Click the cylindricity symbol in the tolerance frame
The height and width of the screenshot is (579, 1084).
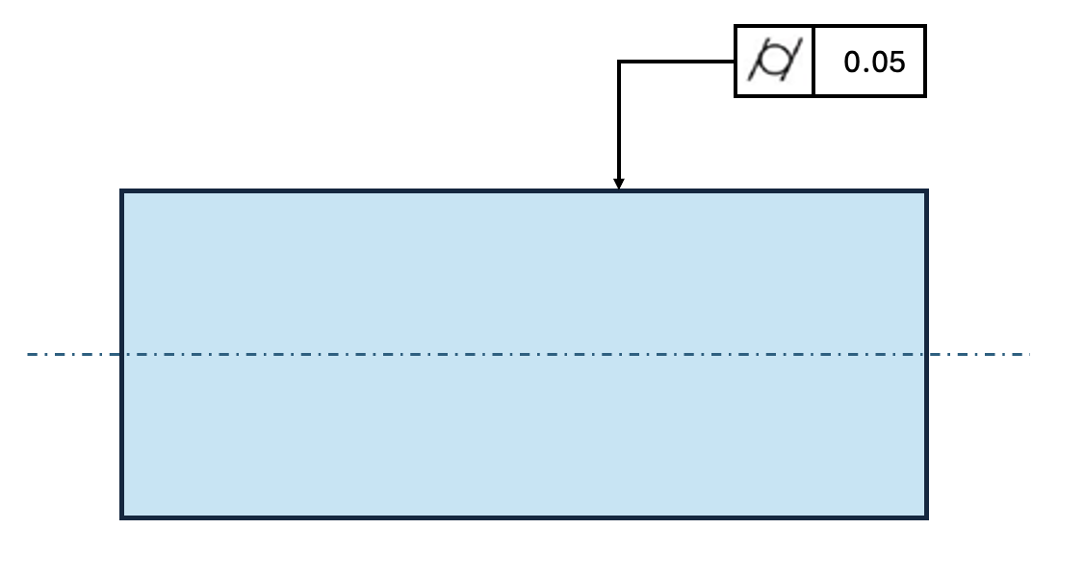(774, 62)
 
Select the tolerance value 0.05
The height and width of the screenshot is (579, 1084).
(874, 63)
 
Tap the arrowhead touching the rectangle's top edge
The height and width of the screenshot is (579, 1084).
(619, 184)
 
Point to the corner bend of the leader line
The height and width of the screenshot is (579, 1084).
(619, 62)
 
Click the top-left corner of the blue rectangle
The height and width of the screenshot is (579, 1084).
(122, 191)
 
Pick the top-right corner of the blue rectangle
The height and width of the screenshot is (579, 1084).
(926, 191)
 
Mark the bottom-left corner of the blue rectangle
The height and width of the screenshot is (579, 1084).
(122, 517)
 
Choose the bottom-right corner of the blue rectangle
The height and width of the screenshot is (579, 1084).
(926, 517)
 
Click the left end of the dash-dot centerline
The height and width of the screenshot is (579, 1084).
(28, 355)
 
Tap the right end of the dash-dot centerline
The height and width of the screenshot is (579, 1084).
(1029, 355)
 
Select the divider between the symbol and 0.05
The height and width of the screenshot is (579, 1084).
(813, 62)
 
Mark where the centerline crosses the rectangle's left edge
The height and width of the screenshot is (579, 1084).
(122, 355)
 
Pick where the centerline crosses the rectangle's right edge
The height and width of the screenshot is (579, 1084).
(926, 355)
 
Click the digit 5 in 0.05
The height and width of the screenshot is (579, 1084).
(897, 63)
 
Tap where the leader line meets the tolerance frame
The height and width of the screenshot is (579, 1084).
(736, 62)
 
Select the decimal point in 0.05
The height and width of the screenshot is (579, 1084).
(863, 71)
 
